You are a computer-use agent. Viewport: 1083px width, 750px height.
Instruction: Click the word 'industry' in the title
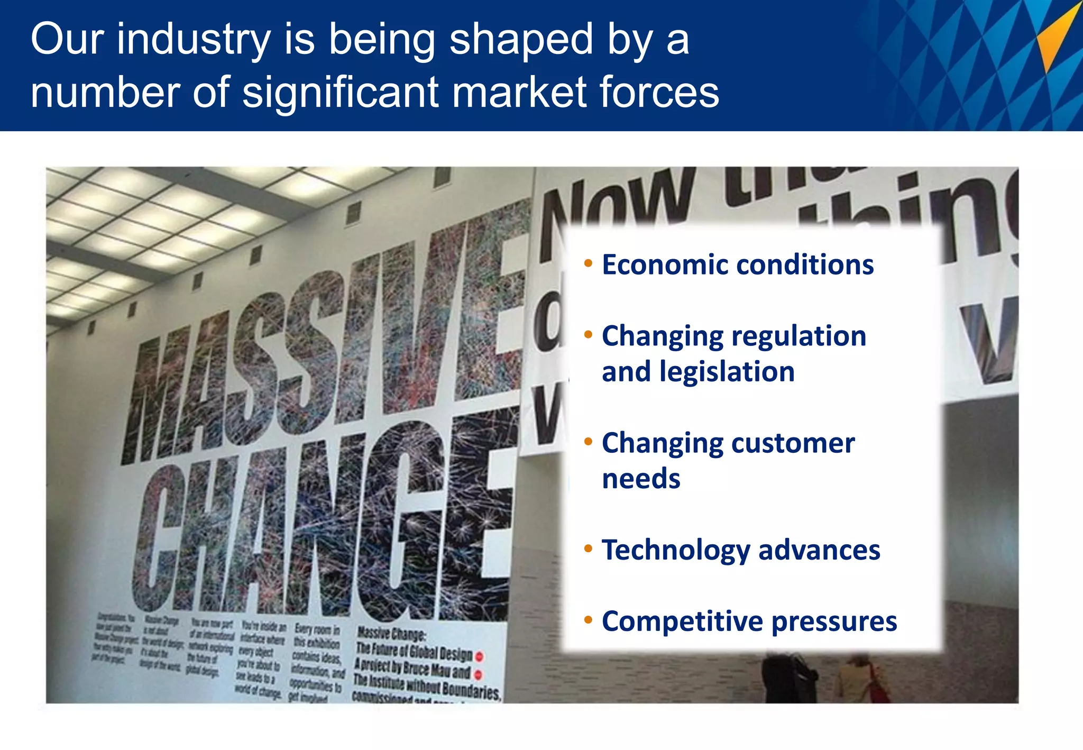point(193,40)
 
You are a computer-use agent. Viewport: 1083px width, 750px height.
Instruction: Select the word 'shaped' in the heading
point(521,40)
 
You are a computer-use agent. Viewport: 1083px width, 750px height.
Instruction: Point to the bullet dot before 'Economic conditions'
point(588,263)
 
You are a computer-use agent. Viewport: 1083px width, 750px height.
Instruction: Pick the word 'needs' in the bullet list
point(641,479)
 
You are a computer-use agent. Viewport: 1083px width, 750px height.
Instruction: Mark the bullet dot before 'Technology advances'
point(588,548)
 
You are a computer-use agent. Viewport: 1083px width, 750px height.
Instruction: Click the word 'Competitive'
point(682,621)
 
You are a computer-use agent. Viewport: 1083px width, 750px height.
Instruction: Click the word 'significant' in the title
point(341,93)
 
